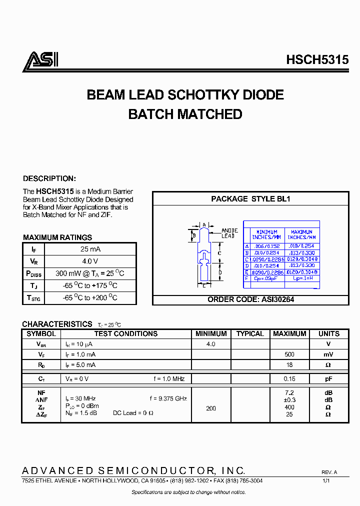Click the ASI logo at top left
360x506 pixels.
point(40,60)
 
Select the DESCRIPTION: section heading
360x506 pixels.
point(49,178)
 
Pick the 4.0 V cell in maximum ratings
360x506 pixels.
point(90,261)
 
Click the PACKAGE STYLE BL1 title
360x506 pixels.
point(250,198)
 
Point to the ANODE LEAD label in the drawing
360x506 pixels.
point(228,233)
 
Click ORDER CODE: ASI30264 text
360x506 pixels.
point(250,299)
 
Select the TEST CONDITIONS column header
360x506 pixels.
point(125,334)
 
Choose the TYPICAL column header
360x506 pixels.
point(250,334)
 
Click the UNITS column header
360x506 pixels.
point(328,334)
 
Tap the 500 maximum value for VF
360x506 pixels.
point(289,354)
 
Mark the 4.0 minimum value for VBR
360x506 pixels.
point(211,344)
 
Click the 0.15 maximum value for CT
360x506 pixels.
point(289,379)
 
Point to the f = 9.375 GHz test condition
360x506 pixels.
point(168,398)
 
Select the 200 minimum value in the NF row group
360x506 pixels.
point(211,408)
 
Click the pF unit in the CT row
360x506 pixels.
point(328,379)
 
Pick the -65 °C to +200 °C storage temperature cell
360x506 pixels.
point(90,297)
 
